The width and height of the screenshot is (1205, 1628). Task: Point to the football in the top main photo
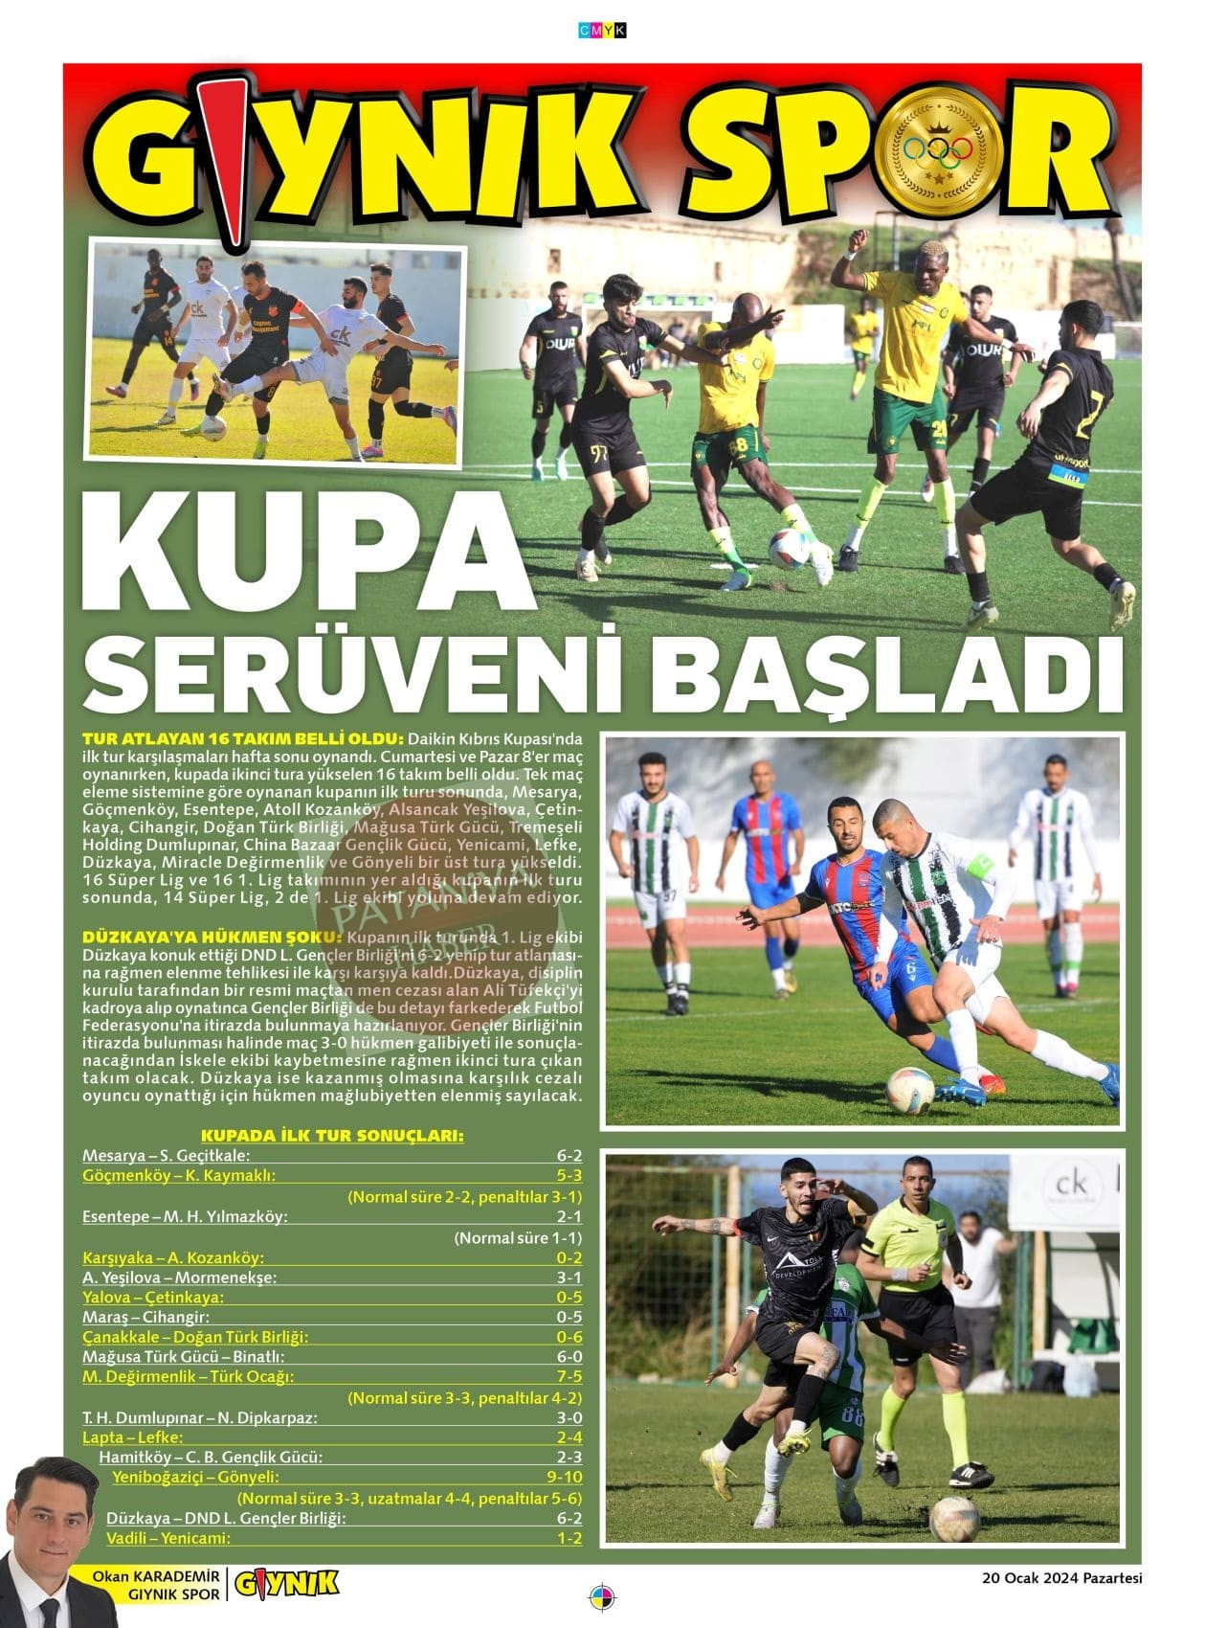(x=789, y=549)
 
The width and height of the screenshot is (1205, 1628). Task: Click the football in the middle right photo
(x=909, y=1089)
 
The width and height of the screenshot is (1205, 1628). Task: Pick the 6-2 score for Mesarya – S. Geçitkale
(x=569, y=1156)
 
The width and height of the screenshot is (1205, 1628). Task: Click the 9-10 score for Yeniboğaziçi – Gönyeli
(x=564, y=1478)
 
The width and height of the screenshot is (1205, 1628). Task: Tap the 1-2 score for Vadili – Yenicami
(x=569, y=1538)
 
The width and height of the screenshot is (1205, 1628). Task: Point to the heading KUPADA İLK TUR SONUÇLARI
(x=332, y=1136)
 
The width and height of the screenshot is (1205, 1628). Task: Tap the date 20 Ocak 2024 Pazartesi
(x=1061, y=1578)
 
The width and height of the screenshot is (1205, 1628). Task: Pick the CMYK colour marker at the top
(x=602, y=31)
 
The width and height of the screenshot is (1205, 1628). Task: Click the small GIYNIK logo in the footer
(x=286, y=1583)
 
